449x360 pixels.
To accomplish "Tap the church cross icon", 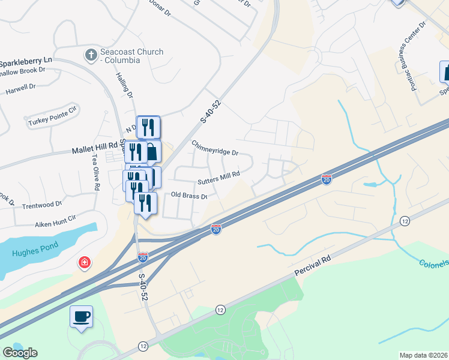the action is (91, 56).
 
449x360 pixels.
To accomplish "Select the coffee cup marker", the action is (81, 316).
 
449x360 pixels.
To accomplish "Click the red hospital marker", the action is (85, 263).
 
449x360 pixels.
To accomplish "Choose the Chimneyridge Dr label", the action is (215, 148).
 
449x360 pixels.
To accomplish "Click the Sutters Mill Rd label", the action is (218, 178).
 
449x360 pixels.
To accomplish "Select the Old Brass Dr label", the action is (189, 196).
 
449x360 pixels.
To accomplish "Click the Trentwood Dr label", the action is (42, 205).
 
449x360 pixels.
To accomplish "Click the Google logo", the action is (20, 353).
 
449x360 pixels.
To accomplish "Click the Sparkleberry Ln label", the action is (26, 61).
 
